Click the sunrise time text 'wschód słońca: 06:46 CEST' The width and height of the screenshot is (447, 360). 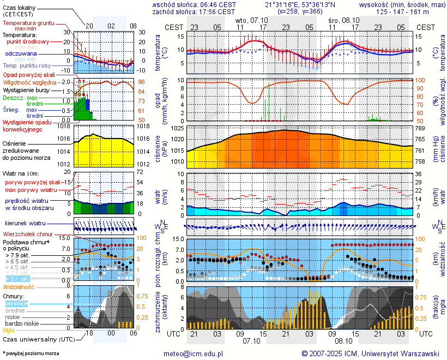tap(194, 4)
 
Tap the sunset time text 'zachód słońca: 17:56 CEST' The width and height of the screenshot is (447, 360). tap(194, 11)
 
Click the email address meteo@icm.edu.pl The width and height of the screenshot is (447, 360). tap(194, 353)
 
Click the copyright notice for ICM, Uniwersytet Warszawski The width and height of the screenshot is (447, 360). tap(371, 353)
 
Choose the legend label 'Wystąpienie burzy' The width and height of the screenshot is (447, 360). tap(28, 89)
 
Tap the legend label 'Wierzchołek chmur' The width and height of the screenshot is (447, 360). tap(31, 234)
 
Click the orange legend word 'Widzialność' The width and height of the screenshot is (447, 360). tap(19, 286)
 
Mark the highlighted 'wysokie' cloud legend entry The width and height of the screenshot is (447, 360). tap(16, 303)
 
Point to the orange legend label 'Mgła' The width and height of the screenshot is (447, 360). tap(9, 330)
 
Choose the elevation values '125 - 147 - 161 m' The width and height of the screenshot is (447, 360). tap(400, 11)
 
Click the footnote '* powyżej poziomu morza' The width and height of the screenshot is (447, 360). tap(31, 353)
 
